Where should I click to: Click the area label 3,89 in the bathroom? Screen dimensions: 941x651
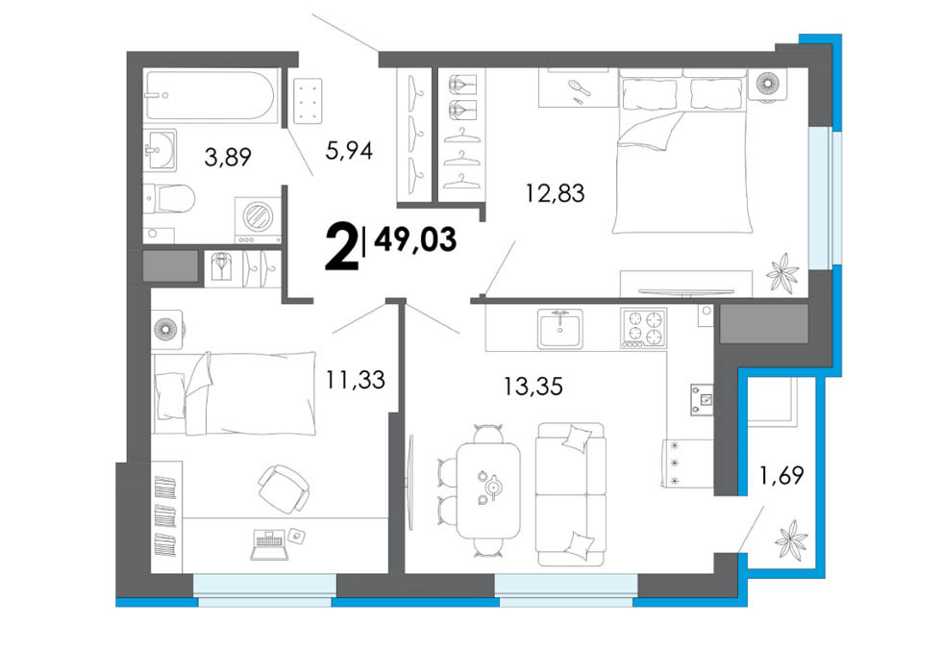pos(228,158)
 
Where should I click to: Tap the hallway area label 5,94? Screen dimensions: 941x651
pos(349,150)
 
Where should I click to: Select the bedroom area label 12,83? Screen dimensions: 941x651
pos(556,193)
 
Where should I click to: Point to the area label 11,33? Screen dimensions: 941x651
pos(356,380)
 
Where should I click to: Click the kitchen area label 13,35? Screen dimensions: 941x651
pos(532,387)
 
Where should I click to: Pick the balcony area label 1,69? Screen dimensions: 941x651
pos(781,476)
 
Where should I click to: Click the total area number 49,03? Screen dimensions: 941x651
pos(415,240)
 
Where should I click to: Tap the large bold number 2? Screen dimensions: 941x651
pos(340,246)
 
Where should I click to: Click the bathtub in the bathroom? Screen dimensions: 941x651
pos(210,96)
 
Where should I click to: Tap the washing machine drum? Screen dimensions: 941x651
pos(260,215)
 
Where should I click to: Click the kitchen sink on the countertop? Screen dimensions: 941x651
pos(560,328)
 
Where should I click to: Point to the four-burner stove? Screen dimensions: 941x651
pos(643,328)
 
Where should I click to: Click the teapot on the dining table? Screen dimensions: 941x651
pos(493,486)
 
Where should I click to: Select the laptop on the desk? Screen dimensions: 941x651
pos(267,544)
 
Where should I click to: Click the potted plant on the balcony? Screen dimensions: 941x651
pos(791,538)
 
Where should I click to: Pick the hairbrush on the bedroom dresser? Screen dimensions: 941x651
pos(580,88)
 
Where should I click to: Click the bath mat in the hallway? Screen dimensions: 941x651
pos(308,101)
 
